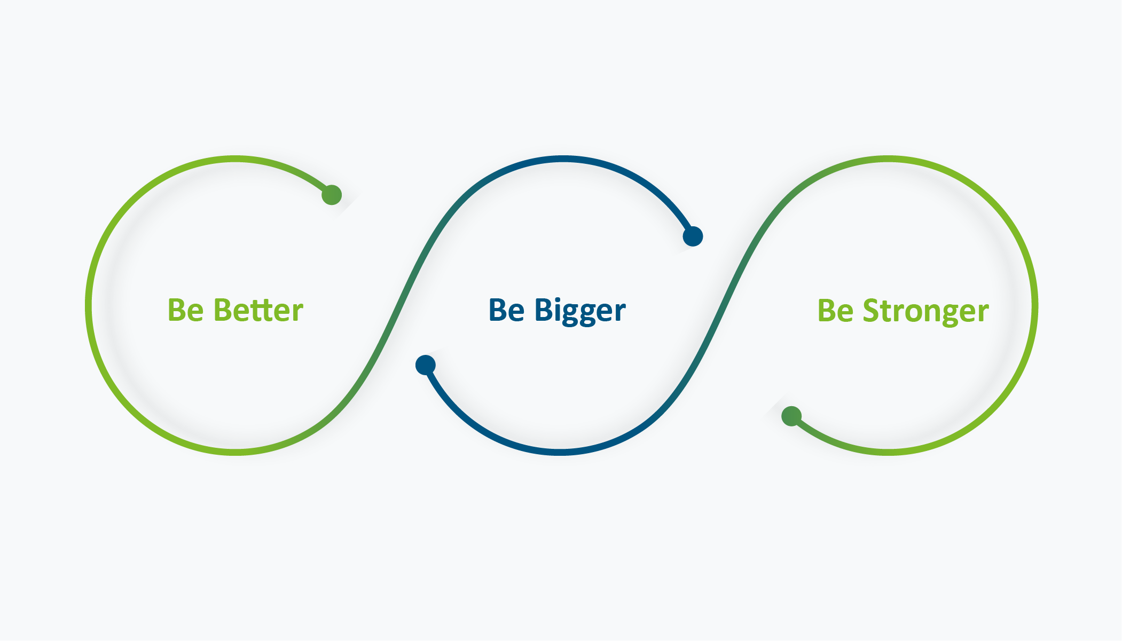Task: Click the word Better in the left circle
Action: click(x=258, y=310)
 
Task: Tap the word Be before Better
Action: click(x=186, y=310)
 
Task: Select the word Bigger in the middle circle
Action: click(x=580, y=311)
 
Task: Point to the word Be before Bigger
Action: click(x=507, y=310)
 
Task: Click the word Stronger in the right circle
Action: click(x=926, y=311)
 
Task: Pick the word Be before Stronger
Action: click(x=836, y=310)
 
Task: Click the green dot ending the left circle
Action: click(x=332, y=195)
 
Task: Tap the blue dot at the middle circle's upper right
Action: click(x=693, y=236)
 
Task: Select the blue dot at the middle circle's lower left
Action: click(x=426, y=365)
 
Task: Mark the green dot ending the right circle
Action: click(x=791, y=416)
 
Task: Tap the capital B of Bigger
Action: click(x=544, y=310)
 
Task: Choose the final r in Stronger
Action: click(x=983, y=313)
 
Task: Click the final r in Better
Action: click(x=297, y=313)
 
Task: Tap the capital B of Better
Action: click(x=223, y=310)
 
